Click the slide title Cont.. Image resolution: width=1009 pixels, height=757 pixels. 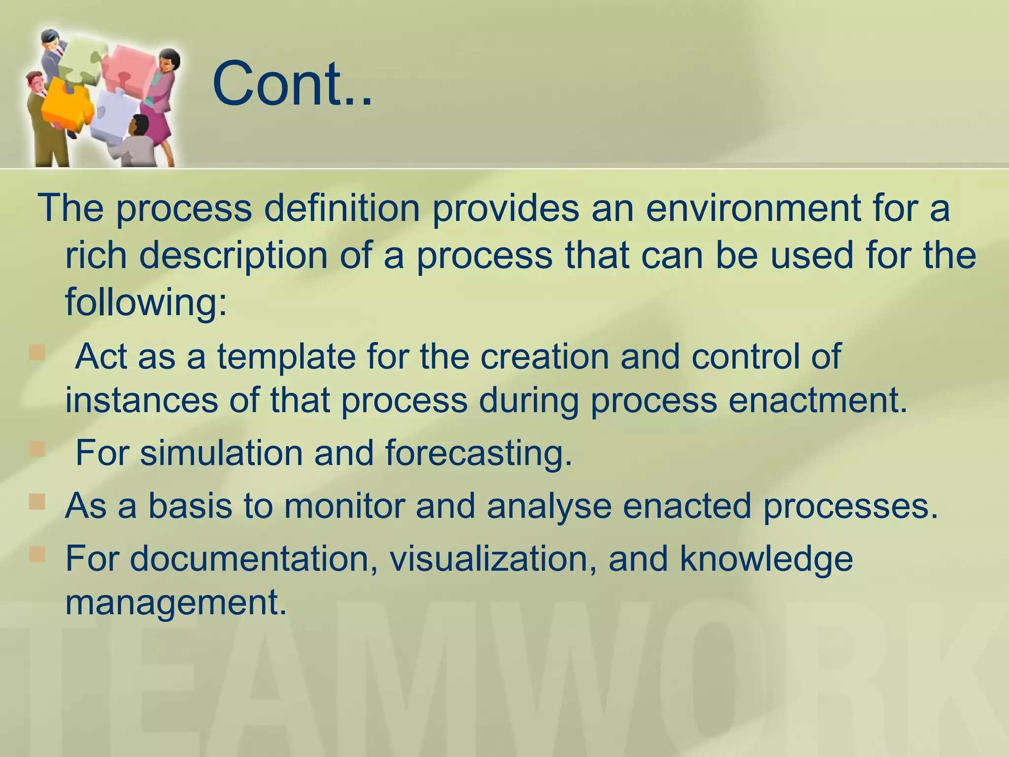tap(292, 84)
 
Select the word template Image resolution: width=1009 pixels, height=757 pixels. tap(286, 356)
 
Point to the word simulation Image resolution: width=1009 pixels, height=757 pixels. tap(221, 452)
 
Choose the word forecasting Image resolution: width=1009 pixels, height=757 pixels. tap(478, 452)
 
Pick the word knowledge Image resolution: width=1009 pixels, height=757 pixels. tap(766, 559)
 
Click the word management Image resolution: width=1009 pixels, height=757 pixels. tap(176, 602)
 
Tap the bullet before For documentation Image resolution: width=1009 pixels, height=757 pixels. tap(37, 554)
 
